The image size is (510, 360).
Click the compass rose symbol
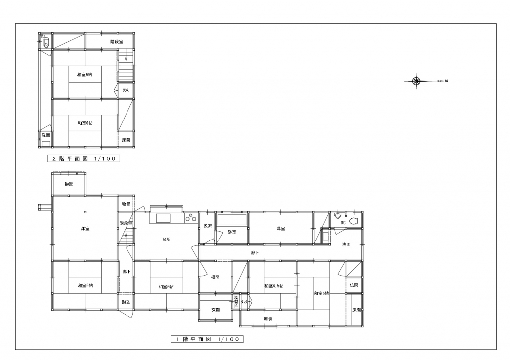(x=417, y=81)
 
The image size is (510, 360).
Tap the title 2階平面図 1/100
(x=84, y=159)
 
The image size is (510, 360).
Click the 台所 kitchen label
(x=166, y=240)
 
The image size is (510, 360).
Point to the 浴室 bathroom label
(x=232, y=232)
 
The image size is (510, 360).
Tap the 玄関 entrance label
(x=216, y=310)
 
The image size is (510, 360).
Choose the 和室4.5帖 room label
(x=273, y=286)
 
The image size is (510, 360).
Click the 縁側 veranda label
(x=268, y=318)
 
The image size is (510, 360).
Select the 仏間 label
(x=354, y=285)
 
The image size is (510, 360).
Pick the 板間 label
(x=215, y=277)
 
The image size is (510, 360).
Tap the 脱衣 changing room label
(x=208, y=226)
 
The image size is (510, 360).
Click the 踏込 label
(x=126, y=302)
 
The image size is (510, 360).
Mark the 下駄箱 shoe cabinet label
(x=236, y=301)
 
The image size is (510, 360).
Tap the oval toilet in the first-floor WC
(x=354, y=221)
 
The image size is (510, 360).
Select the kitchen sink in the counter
(x=164, y=217)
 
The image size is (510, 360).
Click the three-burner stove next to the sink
(x=190, y=217)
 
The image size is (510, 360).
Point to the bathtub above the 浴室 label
(x=232, y=220)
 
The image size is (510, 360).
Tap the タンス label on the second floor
(x=127, y=90)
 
